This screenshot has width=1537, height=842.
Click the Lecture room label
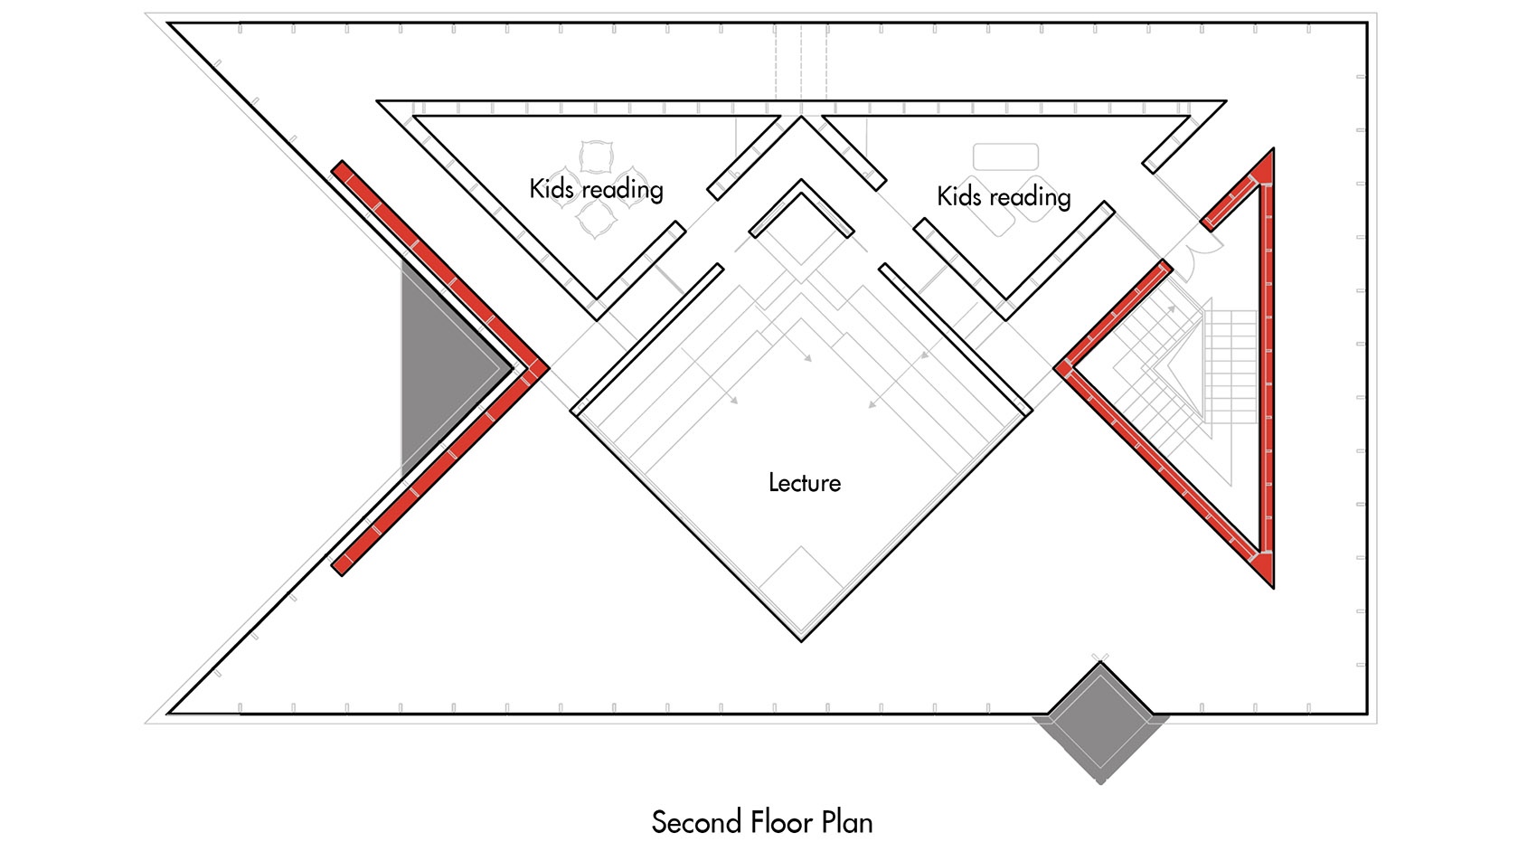[x=804, y=482]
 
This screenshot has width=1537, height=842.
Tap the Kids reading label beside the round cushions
[x=596, y=189]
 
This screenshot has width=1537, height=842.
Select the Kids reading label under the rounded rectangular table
[x=1004, y=197]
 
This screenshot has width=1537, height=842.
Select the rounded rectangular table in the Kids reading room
[x=1005, y=156]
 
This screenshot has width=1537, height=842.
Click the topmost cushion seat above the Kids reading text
[x=596, y=156]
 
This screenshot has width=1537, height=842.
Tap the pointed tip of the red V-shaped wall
[x=549, y=368]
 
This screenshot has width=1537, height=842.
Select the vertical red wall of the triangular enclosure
[x=1268, y=368]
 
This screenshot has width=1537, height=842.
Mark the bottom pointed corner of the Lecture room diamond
[x=801, y=641]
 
